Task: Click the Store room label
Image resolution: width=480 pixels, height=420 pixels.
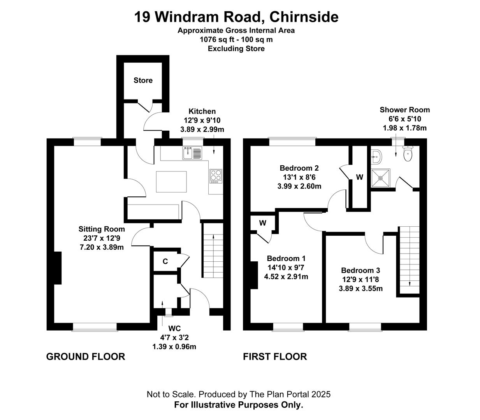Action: [143, 80]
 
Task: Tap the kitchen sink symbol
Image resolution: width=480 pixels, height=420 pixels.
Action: [192, 153]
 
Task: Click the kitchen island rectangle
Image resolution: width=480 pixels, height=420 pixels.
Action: [171, 182]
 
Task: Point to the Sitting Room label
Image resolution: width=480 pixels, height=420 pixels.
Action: [102, 229]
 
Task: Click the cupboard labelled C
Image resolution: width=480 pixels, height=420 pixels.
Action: [165, 261]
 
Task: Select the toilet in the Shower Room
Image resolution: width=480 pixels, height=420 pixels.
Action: [408, 154]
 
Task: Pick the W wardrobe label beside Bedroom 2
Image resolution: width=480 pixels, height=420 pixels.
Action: [359, 177]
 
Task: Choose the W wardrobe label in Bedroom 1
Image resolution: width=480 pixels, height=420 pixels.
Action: [263, 223]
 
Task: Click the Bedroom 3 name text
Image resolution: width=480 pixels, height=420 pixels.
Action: [360, 270]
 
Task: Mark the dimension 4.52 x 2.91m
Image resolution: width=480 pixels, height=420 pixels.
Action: [286, 277]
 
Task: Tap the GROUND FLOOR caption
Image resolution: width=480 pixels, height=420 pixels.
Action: [86, 357]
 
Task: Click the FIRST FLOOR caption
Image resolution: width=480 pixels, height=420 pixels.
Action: [275, 357]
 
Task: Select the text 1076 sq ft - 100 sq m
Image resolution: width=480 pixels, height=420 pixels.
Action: [236, 39]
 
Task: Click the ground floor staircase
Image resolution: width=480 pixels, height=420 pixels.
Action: [213, 251]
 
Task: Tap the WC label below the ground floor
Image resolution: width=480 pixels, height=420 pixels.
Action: [174, 329]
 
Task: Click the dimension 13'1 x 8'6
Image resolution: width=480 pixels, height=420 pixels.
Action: [299, 177]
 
